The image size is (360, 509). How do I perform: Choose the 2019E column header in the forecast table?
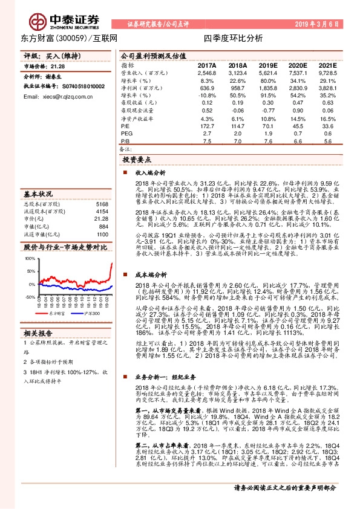coord(267,65)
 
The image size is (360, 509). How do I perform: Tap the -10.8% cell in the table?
coord(207,96)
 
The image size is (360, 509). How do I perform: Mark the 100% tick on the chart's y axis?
coord(30,258)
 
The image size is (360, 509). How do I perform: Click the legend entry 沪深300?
coord(92,314)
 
